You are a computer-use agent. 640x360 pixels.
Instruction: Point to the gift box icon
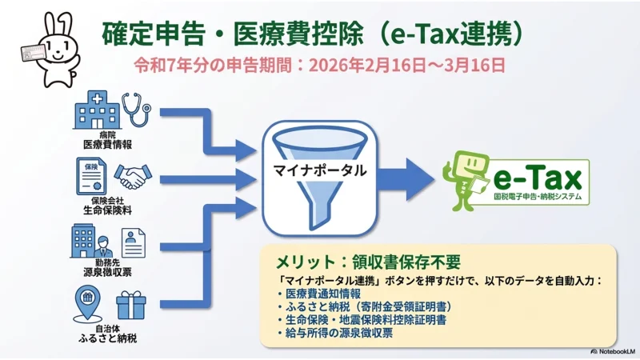(x=131, y=306)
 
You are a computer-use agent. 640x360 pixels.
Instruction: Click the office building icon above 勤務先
(x=89, y=240)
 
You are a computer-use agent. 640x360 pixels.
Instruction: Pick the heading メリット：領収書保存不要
(x=368, y=263)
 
